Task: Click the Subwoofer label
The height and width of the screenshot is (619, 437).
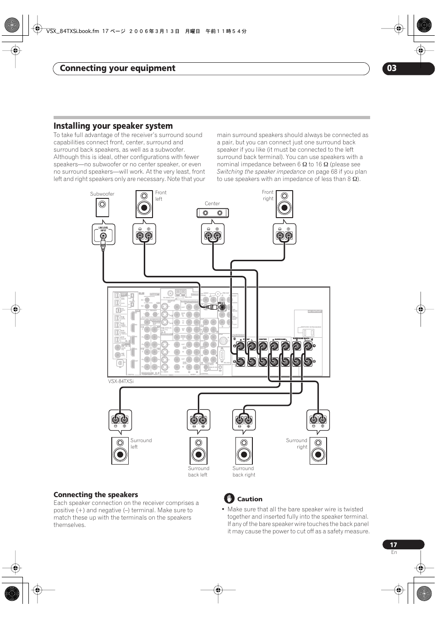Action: click(102, 194)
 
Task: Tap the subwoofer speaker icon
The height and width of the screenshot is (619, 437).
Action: click(102, 208)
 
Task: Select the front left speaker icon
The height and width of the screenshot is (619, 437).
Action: click(144, 204)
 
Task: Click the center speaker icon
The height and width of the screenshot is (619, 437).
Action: click(213, 213)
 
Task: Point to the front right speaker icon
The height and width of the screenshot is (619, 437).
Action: click(284, 204)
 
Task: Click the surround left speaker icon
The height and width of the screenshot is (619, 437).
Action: click(120, 451)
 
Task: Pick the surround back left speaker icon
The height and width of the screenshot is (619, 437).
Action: click(198, 451)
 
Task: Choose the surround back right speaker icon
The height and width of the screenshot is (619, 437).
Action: click(244, 451)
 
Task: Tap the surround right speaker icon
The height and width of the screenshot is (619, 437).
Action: click(318, 451)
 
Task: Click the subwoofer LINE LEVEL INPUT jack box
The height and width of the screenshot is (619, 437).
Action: click(104, 235)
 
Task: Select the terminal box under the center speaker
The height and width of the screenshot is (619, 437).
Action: click(213, 235)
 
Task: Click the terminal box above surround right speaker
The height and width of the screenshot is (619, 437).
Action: click(318, 420)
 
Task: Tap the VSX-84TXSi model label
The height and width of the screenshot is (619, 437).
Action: click(121, 381)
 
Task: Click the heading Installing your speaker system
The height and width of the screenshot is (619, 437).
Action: click(113, 126)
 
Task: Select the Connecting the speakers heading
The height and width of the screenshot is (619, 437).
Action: click(96, 495)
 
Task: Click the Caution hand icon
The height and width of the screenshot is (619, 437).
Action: click(229, 499)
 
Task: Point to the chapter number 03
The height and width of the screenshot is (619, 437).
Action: click(392, 68)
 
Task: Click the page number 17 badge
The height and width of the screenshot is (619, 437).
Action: click(394, 545)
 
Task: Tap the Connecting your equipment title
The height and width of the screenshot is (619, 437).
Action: click(118, 68)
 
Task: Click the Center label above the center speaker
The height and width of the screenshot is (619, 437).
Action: click(212, 203)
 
